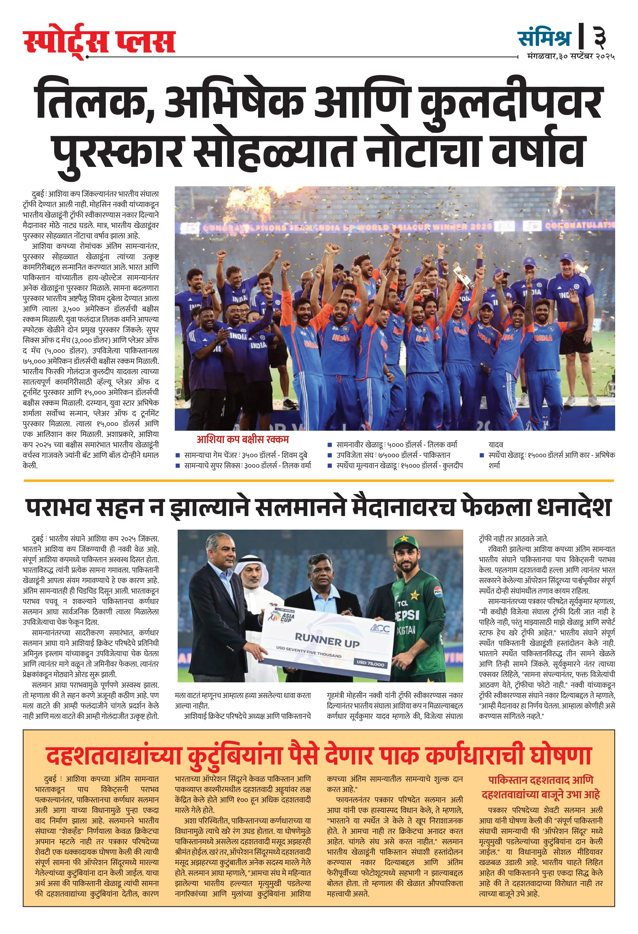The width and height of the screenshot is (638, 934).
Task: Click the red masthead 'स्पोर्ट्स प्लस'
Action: pos(99,42)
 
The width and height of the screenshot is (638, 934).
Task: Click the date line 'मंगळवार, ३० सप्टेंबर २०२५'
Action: pos(571,57)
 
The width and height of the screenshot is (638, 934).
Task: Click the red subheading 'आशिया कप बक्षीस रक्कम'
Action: pos(242,440)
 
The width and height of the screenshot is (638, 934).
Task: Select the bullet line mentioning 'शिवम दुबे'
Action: pos(245,455)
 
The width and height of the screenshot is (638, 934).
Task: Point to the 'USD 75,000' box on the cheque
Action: pos(370,664)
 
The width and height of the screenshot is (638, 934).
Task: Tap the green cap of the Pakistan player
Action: pos(407,543)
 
